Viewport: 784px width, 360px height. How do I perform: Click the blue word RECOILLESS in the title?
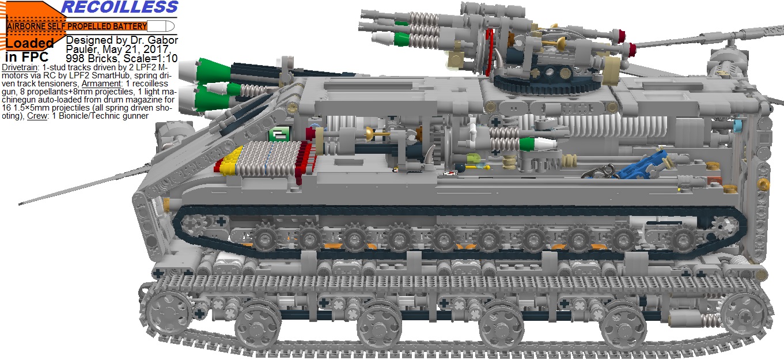tap(120, 7)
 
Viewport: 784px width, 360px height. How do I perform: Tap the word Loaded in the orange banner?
tap(29, 43)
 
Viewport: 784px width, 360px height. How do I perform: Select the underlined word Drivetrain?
tap(20, 67)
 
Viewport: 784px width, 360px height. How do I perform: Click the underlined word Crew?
tap(37, 116)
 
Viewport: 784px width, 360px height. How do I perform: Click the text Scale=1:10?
tap(150, 58)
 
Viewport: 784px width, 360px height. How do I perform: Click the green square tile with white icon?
tap(279, 134)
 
